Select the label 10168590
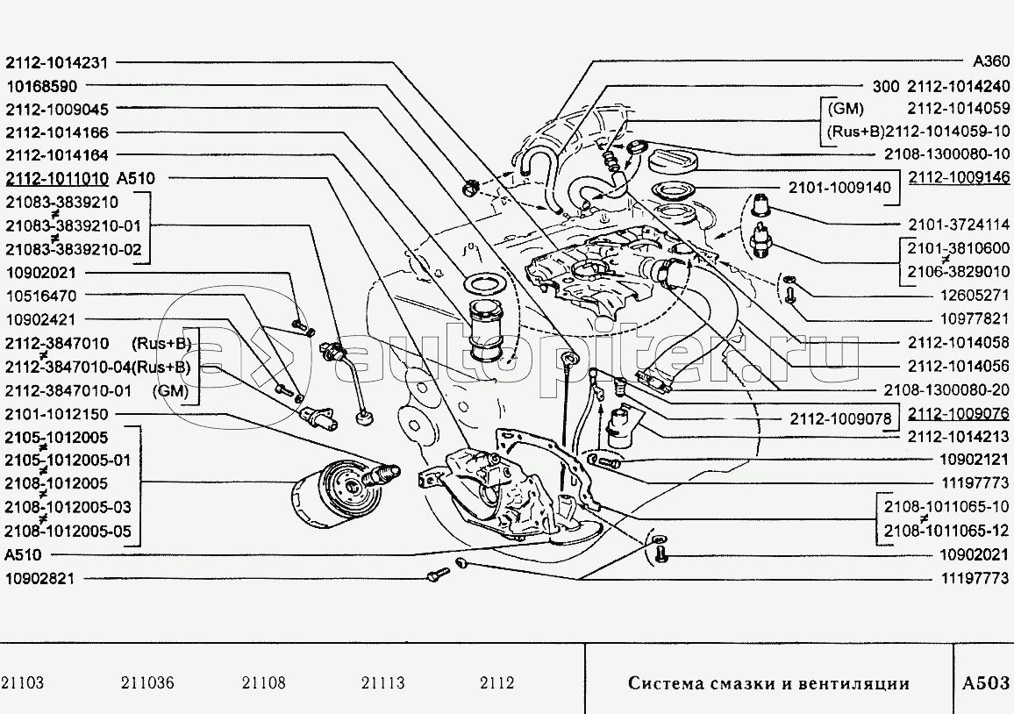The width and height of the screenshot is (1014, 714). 41,87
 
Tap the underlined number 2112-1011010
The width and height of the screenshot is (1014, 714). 57,178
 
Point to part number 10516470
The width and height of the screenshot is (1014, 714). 41,297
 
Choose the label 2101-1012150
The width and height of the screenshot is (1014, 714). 57,414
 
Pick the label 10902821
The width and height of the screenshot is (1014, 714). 41,579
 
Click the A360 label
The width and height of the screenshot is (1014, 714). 991,63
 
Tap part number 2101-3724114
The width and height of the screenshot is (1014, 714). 958,224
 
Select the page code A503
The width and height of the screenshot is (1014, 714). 985,683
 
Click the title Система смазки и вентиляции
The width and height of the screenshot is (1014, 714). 768,684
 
